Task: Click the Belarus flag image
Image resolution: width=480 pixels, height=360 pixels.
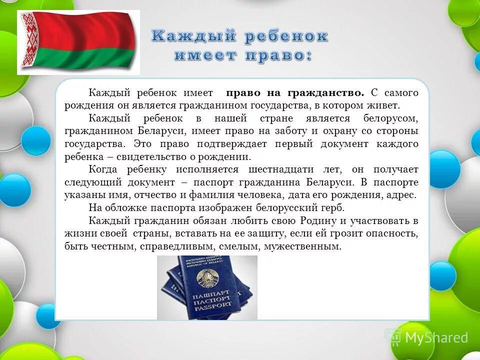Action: [78, 42]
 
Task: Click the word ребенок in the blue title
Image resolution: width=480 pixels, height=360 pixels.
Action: [286, 36]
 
